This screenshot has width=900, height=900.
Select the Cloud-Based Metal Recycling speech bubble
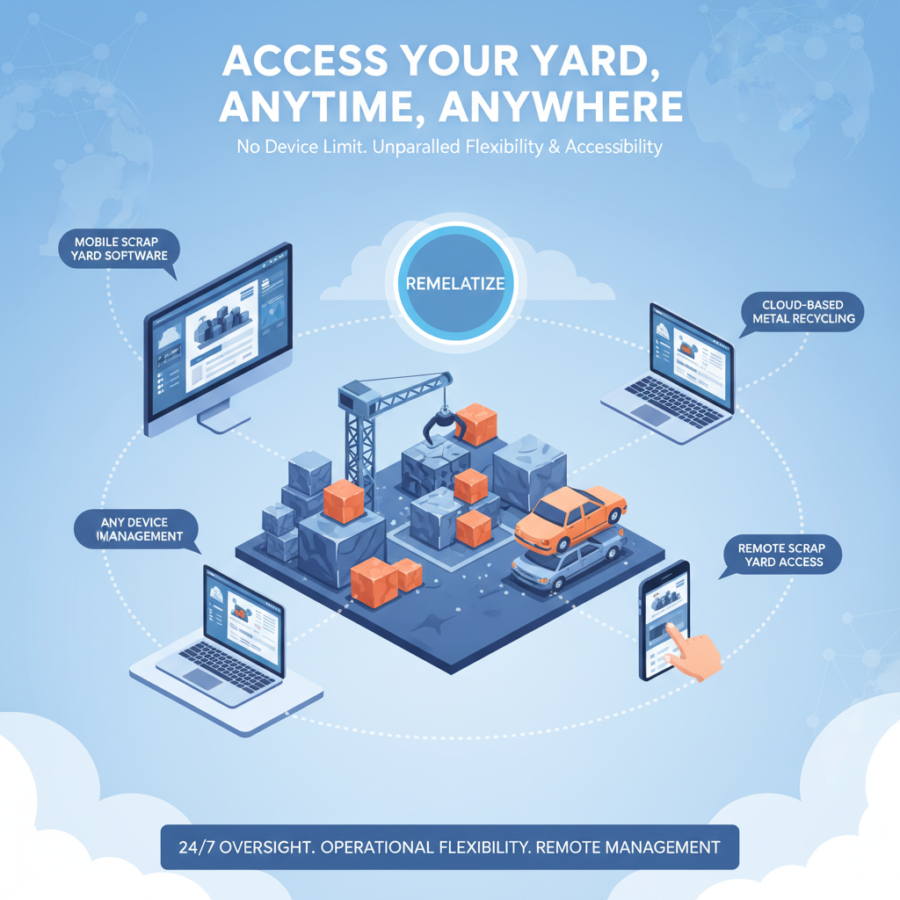803,311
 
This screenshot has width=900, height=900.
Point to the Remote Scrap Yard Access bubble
781,555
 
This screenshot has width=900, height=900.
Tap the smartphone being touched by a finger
664,620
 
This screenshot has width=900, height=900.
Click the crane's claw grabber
441,425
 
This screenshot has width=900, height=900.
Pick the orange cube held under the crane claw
477,425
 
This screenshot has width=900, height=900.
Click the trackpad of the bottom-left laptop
204,678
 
